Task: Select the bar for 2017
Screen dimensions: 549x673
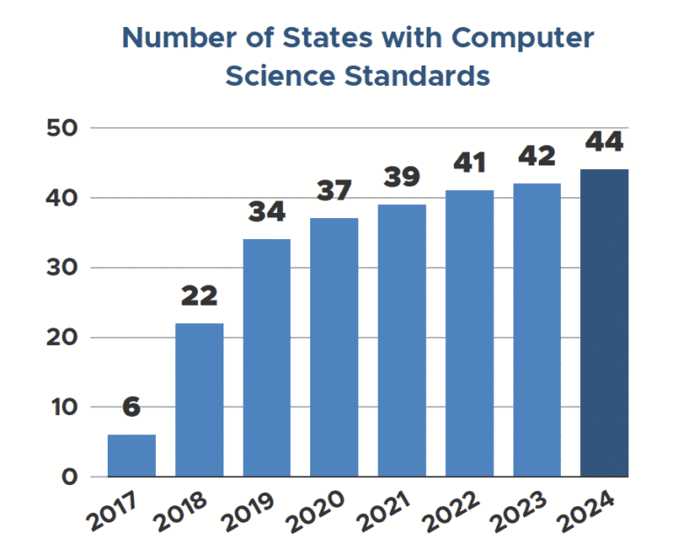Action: point(131,455)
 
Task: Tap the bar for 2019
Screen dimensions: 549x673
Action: point(266,357)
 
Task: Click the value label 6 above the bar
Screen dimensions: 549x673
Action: point(131,408)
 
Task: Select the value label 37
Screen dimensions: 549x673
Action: point(334,192)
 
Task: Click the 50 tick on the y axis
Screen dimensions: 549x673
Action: point(64,128)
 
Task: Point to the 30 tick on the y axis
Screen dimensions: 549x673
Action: point(64,268)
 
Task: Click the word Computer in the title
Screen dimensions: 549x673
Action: point(518,39)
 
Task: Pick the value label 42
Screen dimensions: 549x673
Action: point(536,157)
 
